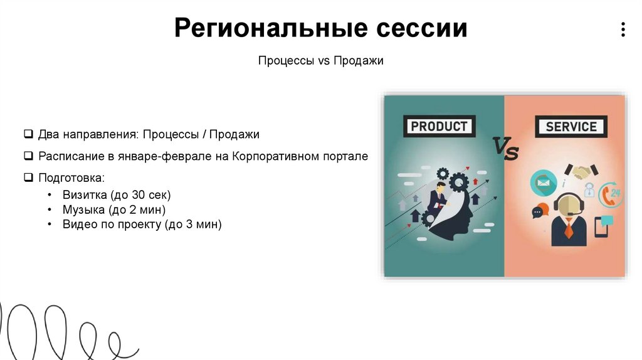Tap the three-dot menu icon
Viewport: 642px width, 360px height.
pyautogui.click(x=623, y=29)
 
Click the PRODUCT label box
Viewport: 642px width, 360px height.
pyautogui.click(x=439, y=126)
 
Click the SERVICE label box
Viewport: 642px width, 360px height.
pyautogui.click(x=571, y=126)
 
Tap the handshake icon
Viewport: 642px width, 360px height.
pyautogui.click(x=581, y=171)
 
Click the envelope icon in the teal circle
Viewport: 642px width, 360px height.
pyautogui.click(x=543, y=183)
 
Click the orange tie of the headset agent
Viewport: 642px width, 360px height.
pyautogui.click(x=568, y=228)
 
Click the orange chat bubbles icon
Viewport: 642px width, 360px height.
pyautogui.click(x=540, y=212)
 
